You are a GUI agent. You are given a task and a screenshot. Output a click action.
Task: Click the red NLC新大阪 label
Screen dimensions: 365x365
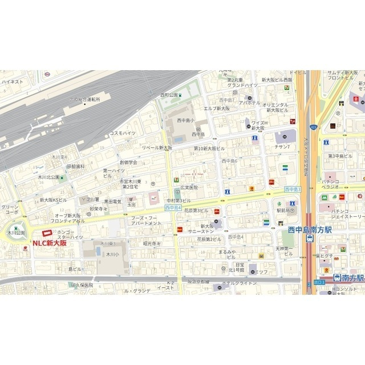(49, 243)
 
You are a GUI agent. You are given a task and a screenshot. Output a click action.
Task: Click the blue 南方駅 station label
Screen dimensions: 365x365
(349, 278)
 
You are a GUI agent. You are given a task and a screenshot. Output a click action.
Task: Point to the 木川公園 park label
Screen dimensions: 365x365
(15, 233)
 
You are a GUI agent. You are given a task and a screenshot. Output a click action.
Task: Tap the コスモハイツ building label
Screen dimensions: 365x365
(123, 133)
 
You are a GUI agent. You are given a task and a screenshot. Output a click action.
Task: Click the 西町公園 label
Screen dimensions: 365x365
(169, 95)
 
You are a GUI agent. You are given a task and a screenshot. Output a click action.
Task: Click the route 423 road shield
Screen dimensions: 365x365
(313, 126)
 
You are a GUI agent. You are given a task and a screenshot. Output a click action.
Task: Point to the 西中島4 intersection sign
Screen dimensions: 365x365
(173, 208)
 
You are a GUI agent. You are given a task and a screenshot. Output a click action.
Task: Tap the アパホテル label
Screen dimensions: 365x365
(249, 103)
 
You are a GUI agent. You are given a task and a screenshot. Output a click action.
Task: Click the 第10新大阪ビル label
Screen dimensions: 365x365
(210, 148)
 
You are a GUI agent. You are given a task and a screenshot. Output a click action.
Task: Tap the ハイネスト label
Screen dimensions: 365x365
(12, 82)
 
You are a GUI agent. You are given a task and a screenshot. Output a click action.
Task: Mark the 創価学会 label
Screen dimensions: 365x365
(128, 162)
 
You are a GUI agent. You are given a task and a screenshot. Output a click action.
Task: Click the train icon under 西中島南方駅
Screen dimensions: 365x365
(310, 240)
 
